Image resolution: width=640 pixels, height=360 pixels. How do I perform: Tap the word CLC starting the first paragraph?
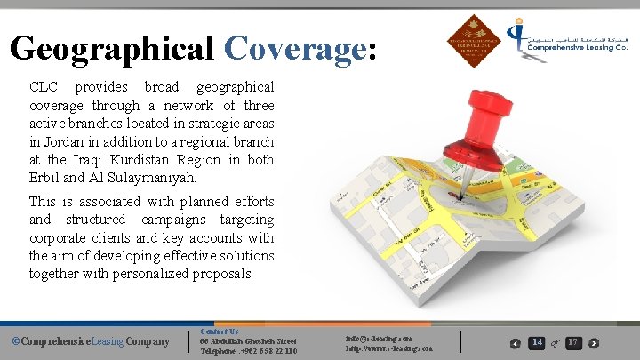point(44,88)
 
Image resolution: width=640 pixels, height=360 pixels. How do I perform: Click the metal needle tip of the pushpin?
point(460,190)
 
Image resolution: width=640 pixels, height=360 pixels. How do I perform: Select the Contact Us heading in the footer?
point(220,332)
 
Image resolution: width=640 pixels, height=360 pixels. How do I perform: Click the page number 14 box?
point(537,342)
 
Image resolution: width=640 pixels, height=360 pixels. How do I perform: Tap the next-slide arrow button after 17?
point(595,343)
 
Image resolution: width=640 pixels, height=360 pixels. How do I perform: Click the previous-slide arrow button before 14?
point(516,343)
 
